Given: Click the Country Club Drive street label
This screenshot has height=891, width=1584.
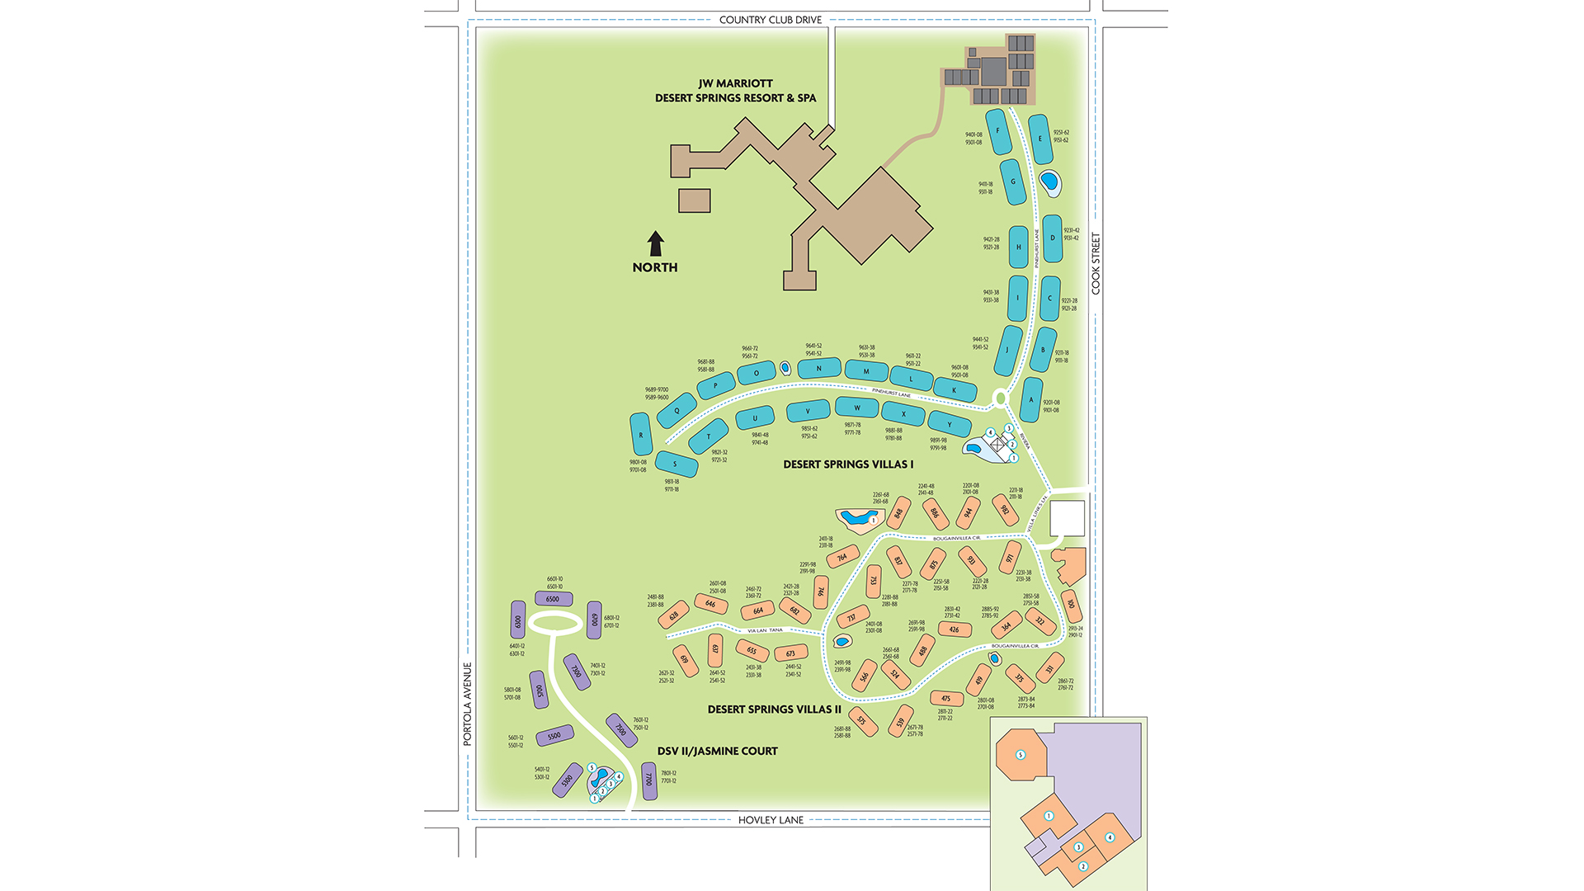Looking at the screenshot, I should [770, 20].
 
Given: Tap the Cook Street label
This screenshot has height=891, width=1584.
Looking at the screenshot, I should [1096, 263].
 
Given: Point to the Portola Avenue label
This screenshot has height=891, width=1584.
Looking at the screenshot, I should [467, 704].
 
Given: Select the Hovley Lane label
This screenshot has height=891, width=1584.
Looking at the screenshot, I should [771, 820].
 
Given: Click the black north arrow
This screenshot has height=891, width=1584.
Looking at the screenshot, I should [656, 243].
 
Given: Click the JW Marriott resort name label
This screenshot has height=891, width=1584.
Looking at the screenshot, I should [735, 91].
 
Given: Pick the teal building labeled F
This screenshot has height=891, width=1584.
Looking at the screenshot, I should [998, 131].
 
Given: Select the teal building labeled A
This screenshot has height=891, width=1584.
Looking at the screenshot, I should [1031, 400].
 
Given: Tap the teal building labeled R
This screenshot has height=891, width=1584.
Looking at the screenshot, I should [641, 434].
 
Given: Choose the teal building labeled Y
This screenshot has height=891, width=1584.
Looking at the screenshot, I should [950, 425].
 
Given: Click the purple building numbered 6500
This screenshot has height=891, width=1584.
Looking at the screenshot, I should [553, 599].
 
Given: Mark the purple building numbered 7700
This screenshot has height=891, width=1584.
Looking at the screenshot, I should [649, 780].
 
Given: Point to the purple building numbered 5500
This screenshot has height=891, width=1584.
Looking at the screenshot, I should [554, 736].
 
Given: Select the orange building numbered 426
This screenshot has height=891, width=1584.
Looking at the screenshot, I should [955, 629].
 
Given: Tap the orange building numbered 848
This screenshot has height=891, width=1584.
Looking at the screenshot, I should [898, 513].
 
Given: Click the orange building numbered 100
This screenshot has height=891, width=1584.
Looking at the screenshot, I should [1071, 605].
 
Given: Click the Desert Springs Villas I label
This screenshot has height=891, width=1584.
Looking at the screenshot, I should [848, 464].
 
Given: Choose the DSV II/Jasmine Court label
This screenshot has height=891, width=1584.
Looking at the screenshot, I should [717, 751].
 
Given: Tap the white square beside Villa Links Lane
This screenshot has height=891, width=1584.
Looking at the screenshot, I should [1067, 518].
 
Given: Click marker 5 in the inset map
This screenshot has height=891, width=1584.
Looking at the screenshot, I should [1021, 755].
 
